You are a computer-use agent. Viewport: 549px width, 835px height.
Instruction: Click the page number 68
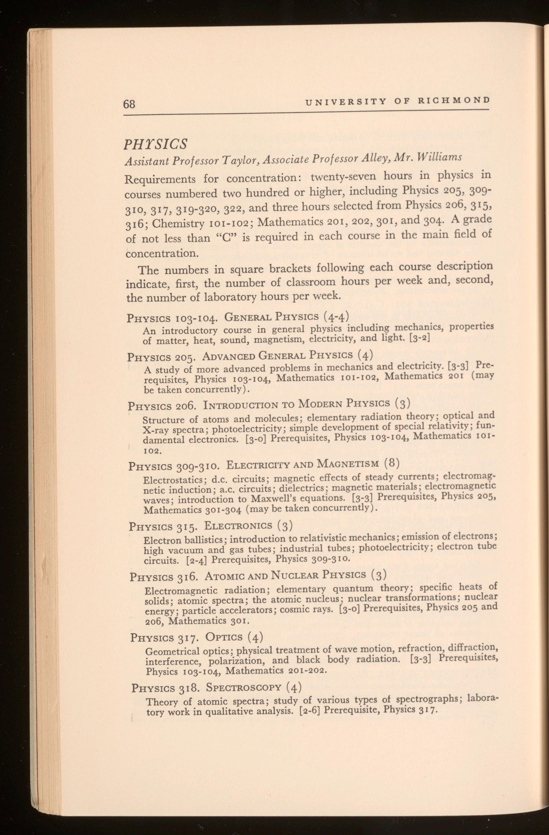tap(129, 105)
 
